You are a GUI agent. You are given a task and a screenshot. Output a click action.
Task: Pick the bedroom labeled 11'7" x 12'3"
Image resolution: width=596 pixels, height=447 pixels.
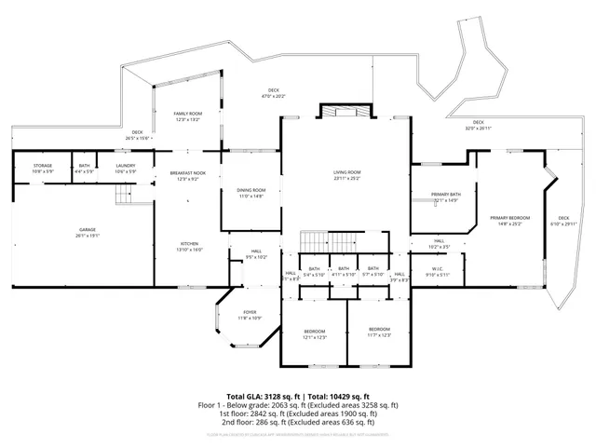click(379, 332)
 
